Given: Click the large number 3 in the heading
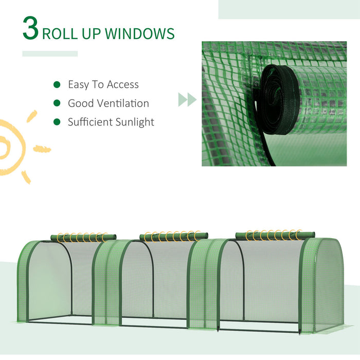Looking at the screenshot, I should [30, 29].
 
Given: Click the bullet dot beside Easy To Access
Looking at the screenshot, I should [57, 84].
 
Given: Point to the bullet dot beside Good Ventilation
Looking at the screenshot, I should [57, 103].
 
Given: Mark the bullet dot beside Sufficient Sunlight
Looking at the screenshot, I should [57, 122].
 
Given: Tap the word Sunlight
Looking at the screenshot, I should [133, 122].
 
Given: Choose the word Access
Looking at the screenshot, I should [122, 84].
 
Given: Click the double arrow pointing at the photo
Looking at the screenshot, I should [187, 99].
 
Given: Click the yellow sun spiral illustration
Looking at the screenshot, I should [11, 147].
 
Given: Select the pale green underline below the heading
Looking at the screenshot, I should [50, 53].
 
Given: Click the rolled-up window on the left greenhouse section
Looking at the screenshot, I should [82, 237].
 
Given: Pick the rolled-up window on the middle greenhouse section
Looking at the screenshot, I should [174, 237].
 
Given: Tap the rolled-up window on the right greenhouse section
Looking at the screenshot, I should [275, 235].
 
